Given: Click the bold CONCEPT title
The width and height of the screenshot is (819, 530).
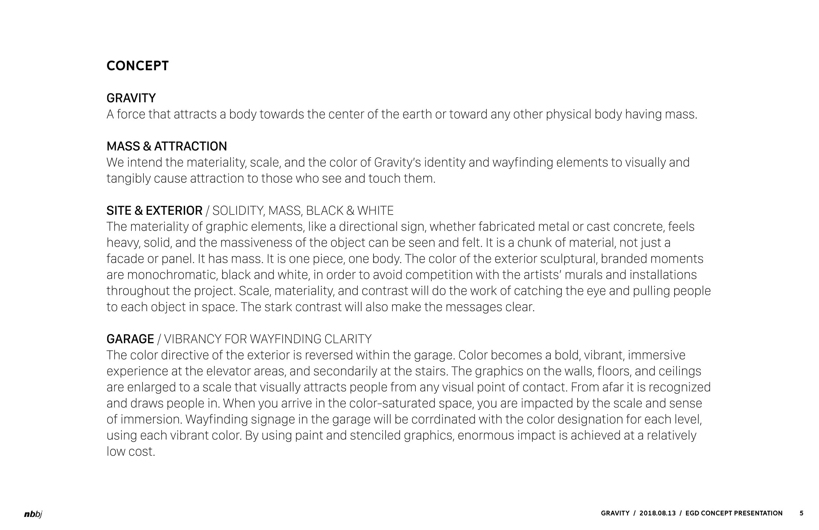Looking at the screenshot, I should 137,66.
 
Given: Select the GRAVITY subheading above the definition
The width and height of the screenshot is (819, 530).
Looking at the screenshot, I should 131,98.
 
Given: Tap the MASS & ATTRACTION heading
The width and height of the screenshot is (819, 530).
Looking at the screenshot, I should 166,146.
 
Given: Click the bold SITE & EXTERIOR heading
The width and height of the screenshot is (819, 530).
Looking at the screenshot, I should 154,211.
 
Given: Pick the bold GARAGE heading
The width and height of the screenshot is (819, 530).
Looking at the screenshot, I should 130,339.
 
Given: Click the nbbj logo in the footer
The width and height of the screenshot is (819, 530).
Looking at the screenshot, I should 33,514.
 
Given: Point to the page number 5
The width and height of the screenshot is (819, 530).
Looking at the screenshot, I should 801,513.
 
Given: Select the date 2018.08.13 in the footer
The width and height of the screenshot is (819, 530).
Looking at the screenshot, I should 657,513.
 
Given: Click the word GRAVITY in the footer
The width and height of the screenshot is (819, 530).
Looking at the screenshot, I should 615,513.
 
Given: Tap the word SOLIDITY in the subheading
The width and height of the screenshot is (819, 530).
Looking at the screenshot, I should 238,211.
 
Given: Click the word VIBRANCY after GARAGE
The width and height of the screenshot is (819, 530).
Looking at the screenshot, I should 193,339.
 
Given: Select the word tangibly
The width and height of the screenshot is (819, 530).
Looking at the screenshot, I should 128,179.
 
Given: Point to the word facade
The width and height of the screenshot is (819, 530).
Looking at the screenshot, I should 125,259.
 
